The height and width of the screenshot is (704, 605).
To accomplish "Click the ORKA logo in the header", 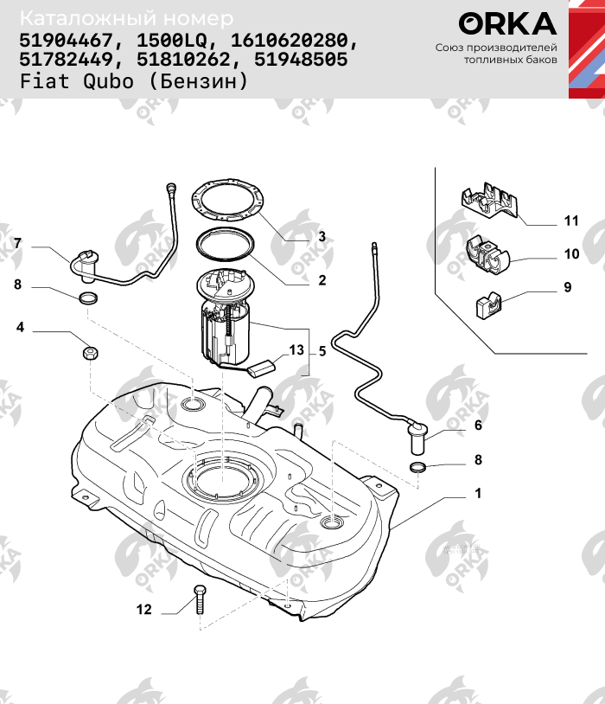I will pos(507,23).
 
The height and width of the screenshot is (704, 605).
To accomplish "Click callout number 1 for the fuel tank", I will pos(478,495).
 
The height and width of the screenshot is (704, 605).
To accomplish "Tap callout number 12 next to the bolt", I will pos(143,610).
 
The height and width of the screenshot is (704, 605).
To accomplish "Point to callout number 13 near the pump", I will pos(296,350).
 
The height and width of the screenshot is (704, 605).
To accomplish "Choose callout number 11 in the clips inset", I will pos(570,221).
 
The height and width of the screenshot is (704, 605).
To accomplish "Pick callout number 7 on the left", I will pos(17,243).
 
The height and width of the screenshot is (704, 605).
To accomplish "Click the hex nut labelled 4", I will pos(89,353).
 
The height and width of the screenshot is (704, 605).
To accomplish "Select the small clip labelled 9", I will pos(487,305).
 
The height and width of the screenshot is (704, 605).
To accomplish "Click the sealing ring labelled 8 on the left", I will pos(87,299).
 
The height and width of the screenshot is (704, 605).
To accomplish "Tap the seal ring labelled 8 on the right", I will pos(418,468).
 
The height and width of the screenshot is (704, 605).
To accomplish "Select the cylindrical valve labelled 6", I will pos(419,438).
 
